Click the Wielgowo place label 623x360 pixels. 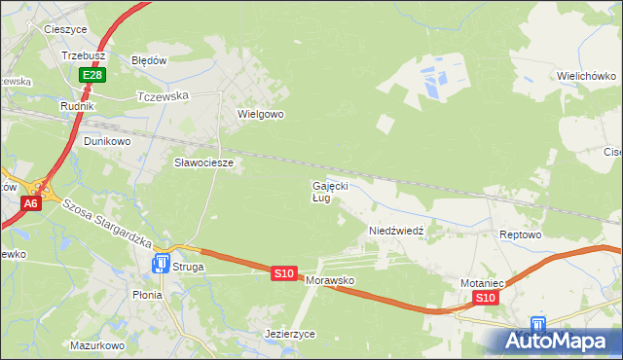tap(260, 114)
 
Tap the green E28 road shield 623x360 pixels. tap(92, 75)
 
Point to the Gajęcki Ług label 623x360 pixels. tap(329, 191)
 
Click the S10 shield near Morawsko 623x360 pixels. tap(283, 274)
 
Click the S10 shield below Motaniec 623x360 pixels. tap(487, 298)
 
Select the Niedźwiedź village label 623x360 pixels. tap(395, 231)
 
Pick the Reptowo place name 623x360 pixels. tap(519, 235)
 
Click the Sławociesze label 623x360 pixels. tap(203, 162)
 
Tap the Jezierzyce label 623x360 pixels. tap(290, 333)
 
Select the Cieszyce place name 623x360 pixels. tap(66, 29)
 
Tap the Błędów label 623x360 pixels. tap(150, 59)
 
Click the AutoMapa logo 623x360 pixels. tap(557, 342)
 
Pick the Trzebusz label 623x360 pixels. tap(83, 55)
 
